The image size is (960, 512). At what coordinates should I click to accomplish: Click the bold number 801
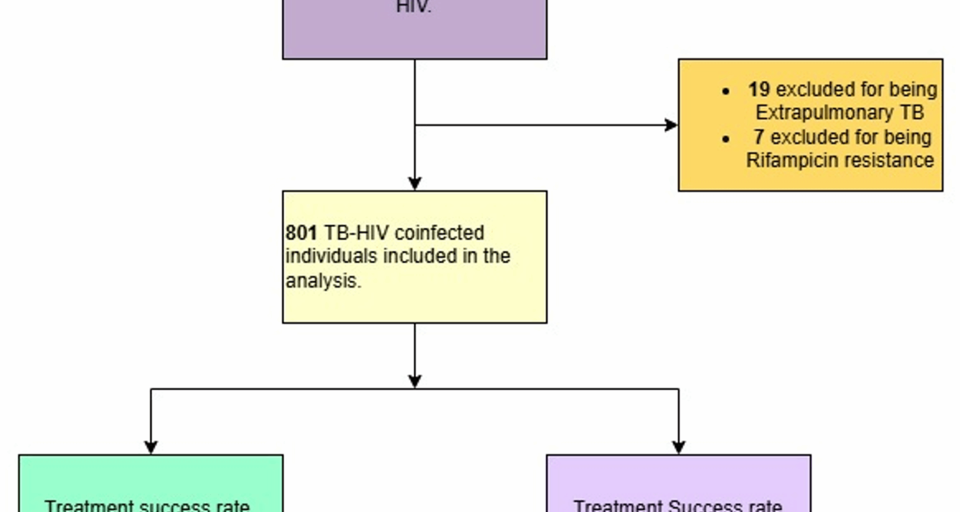pos(301,233)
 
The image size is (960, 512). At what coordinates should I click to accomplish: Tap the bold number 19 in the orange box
pos(758,89)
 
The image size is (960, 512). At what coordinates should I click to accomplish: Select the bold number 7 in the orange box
pos(758,137)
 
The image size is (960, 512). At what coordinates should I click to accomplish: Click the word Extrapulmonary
pos(824,112)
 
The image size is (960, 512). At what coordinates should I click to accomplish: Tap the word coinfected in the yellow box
pos(439,233)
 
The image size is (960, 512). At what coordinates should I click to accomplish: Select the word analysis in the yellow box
pos(323,280)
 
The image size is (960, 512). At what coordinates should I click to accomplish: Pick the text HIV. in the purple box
pos(413,7)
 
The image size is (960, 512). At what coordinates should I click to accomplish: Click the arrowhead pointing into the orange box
pos(671,125)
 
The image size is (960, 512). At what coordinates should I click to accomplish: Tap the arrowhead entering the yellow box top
pos(414,183)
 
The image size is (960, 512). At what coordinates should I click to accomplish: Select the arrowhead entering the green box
pos(151,447)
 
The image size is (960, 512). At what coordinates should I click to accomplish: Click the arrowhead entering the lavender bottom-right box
pos(678,447)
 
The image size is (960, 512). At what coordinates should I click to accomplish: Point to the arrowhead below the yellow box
pos(414,381)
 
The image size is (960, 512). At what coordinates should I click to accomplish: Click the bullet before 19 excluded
pos(726,91)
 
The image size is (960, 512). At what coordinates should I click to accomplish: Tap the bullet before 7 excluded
pos(726,138)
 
